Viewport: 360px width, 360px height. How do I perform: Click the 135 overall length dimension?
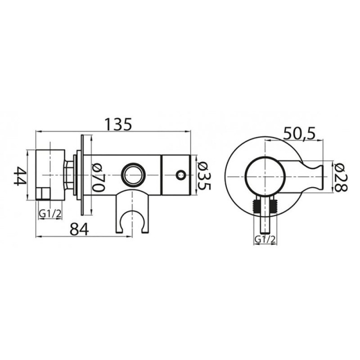[119, 124]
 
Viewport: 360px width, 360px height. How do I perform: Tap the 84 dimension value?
[79, 229]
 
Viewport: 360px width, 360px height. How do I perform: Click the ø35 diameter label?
[204, 176]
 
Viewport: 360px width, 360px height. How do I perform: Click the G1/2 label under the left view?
[50, 214]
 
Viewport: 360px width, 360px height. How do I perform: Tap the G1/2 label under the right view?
[265, 239]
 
